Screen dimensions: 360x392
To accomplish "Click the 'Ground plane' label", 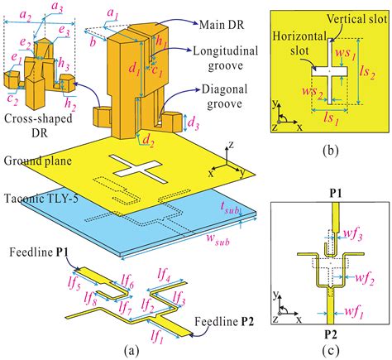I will coord(36,159).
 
